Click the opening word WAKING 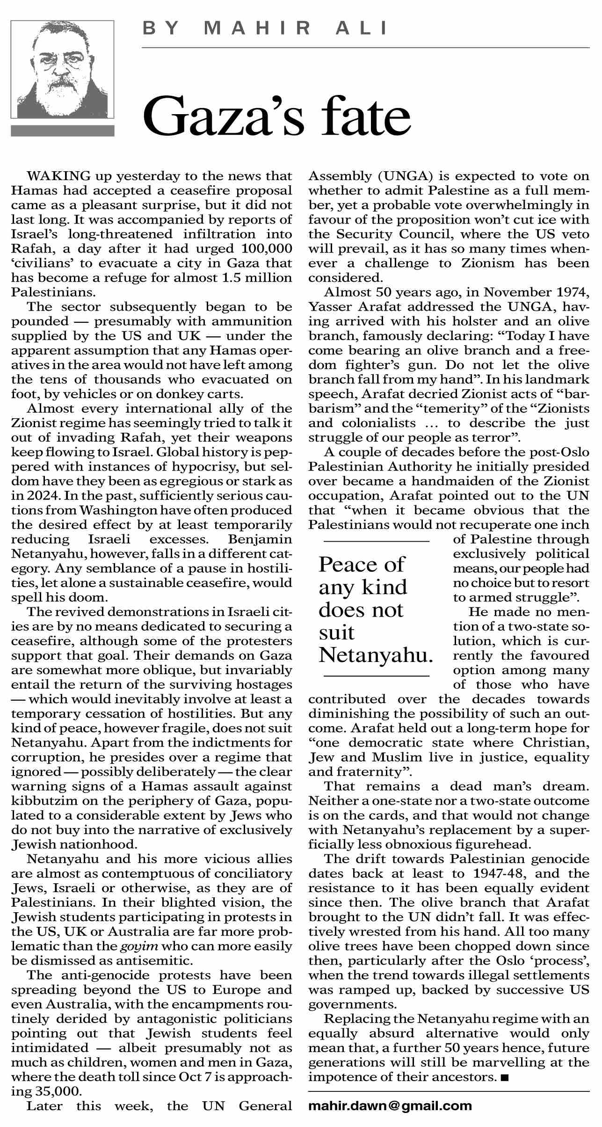[58, 176]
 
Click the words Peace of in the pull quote [361, 564]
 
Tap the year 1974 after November [573, 292]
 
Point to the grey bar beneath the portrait [62, 131]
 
